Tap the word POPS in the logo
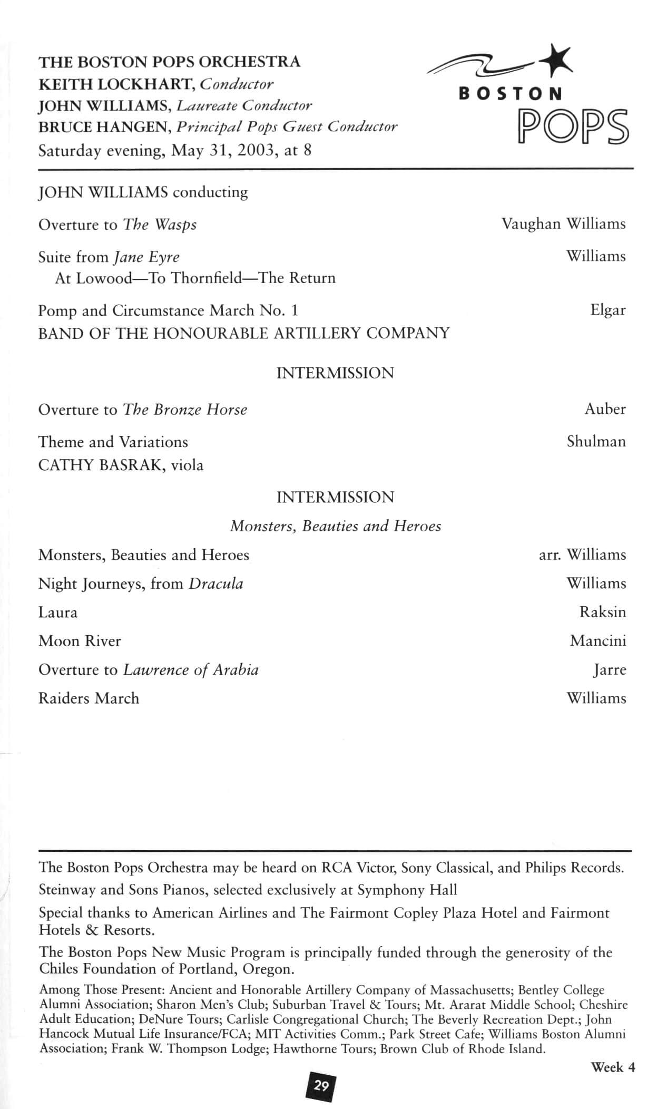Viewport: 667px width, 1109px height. coord(573,127)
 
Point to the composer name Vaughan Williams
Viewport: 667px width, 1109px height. coord(563,223)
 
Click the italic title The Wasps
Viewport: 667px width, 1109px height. coord(160,225)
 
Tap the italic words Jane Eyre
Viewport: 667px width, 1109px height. coord(146,257)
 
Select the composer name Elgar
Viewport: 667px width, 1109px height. coord(607,309)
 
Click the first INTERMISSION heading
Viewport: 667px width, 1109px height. coord(335,373)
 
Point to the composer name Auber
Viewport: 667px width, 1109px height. coord(605,408)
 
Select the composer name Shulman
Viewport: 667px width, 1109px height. coord(596,441)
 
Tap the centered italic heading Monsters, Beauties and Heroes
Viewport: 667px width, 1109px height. coord(336,526)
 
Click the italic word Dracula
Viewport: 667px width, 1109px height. coord(216,583)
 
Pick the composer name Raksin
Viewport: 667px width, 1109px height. coord(603,612)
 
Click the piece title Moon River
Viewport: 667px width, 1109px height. coord(80,641)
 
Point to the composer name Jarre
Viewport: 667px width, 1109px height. coord(610,669)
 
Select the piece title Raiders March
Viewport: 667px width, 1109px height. coord(89,698)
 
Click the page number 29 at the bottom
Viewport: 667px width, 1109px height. coord(321,1086)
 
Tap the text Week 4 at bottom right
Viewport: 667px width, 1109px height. coord(613,1067)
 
